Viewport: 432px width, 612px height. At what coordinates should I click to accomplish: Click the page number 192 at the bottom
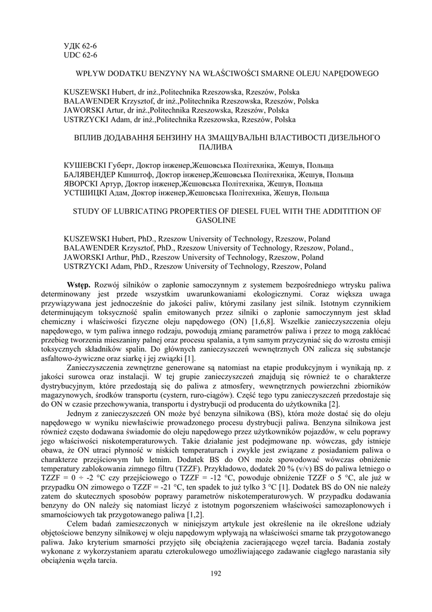[x=216, y=574]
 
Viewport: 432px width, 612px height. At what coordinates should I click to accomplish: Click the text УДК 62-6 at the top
[x=80, y=45]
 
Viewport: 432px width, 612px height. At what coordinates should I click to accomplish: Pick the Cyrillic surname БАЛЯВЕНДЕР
[x=90, y=174]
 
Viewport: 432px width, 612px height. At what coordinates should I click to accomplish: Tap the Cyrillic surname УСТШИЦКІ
[x=86, y=193]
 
